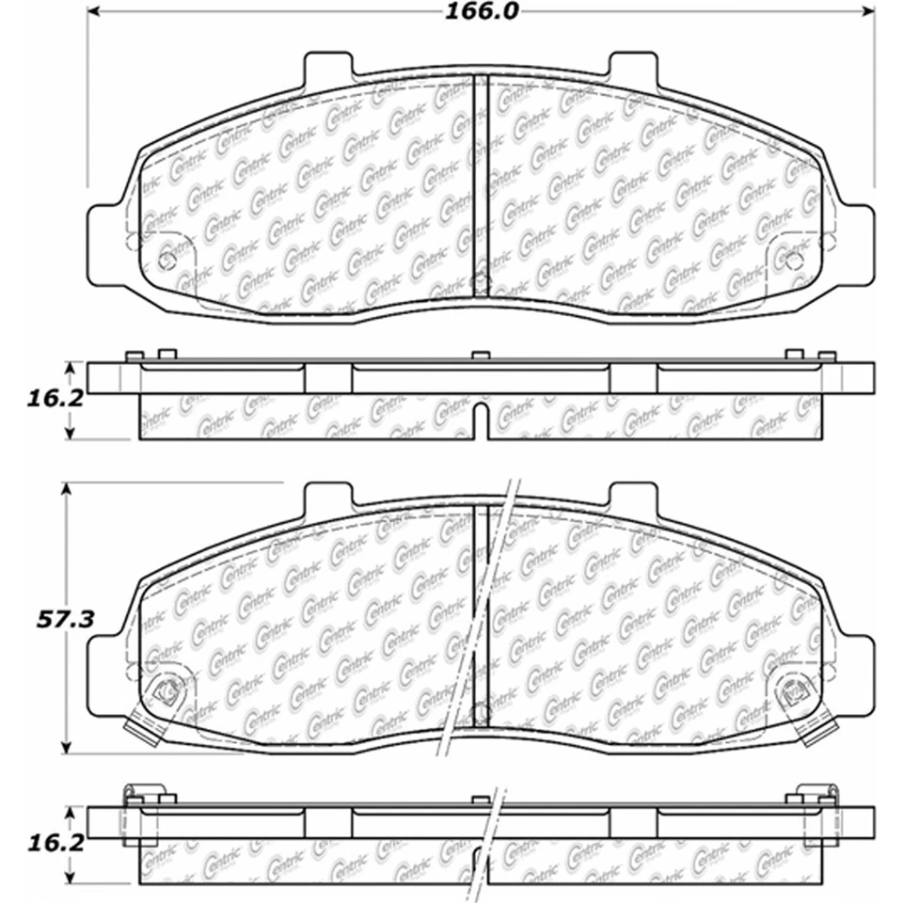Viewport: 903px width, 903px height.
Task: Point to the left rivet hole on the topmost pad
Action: [166, 261]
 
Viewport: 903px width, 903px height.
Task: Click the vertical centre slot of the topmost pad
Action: [481, 188]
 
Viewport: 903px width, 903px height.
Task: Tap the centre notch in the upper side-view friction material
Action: [481, 421]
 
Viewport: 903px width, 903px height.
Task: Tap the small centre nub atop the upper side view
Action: [481, 356]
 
